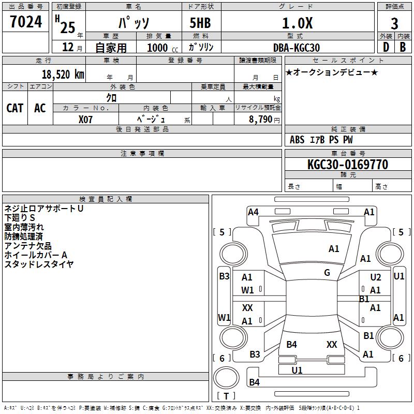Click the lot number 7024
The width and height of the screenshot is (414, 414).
point(26,22)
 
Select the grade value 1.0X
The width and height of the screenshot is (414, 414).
point(298,23)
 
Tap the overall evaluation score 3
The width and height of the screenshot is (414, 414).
point(394,24)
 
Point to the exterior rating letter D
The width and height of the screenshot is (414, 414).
point(386,47)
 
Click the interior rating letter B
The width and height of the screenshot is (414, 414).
point(403,47)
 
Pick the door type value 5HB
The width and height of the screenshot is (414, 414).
point(200,23)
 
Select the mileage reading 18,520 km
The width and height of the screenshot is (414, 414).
point(63,75)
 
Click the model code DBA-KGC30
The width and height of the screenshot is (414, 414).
point(297,48)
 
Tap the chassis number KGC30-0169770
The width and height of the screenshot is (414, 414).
point(348,165)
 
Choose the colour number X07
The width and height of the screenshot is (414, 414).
point(85,120)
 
